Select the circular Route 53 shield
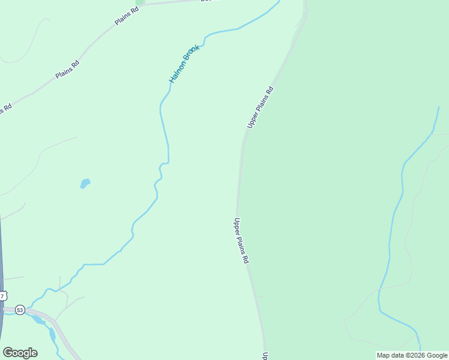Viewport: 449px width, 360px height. click(20, 310)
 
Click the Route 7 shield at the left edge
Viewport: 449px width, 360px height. click(3, 296)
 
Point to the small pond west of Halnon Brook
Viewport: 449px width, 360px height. click(85, 183)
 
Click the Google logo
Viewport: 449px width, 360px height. click(20, 353)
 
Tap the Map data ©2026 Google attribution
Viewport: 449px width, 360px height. click(412, 355)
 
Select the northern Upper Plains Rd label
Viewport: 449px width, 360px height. click(260, 107)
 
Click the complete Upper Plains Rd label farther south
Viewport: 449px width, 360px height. click(241, 241)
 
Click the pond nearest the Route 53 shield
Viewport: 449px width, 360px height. click(38, 319)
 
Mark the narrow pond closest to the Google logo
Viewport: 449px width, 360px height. click(53, 334)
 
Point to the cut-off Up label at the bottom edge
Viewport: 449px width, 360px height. click(265, 356)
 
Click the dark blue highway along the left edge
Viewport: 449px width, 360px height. click(1, 252)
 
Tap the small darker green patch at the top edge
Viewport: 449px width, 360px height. click(140, 2)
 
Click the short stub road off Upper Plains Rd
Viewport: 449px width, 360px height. click(260, 296)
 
